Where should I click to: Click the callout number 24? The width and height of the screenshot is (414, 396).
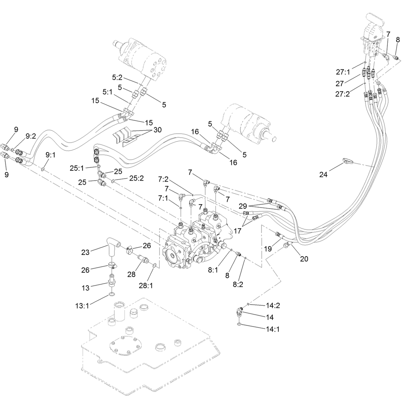coord(323,174)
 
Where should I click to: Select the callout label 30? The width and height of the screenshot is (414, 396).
coord(158,130)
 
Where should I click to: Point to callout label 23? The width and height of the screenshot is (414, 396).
coord(85,252)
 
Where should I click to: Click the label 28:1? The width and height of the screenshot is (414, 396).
coord(146,285)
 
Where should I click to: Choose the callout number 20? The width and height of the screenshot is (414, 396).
coord(304,259)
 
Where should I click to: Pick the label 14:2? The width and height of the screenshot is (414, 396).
coord(273,305)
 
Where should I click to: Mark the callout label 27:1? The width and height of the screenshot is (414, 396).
coord(343,72)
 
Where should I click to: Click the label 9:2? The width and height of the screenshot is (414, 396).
coord(31,136)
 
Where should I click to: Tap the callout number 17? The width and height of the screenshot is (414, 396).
coord(237,231)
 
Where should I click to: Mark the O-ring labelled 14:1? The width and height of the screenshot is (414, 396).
coord(240,324)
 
